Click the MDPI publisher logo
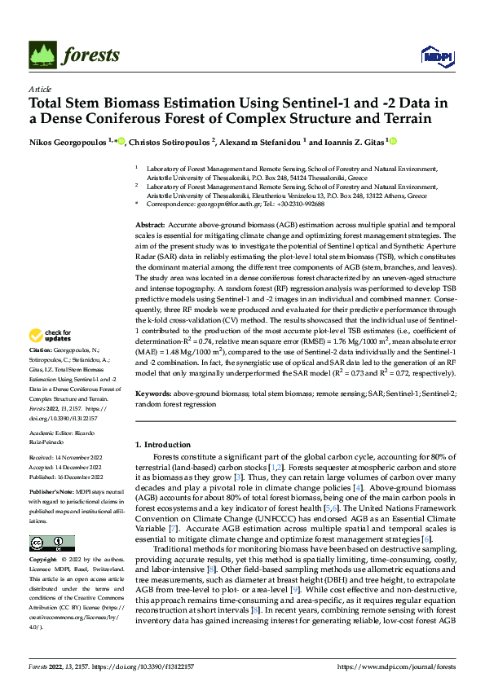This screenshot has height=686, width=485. coord(434,55)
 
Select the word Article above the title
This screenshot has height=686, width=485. coord(40,89)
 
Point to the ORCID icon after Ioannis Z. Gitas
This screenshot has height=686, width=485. coord(394,141)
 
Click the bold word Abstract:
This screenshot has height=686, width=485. coord(150,224)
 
